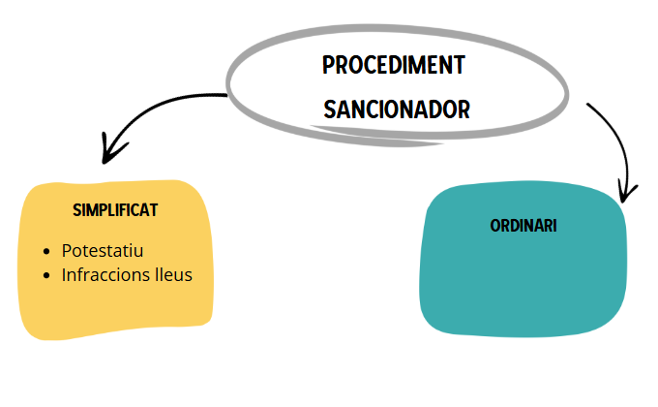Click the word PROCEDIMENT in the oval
(x=394, y=66)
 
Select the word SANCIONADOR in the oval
(x=397, y=110)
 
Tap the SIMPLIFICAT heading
(x=115, y=209)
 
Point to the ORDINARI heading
(x=523, y=226)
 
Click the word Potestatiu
(x=102, y=251)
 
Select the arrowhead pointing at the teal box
(x=629, y=192)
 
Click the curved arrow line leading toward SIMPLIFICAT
(x=164, y=105)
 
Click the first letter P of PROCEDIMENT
(x=328, y=66)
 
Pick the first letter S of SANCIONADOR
(x=329, y=110)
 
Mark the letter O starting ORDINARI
(x=494, y=226)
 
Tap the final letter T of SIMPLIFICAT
(x=154, y=209)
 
